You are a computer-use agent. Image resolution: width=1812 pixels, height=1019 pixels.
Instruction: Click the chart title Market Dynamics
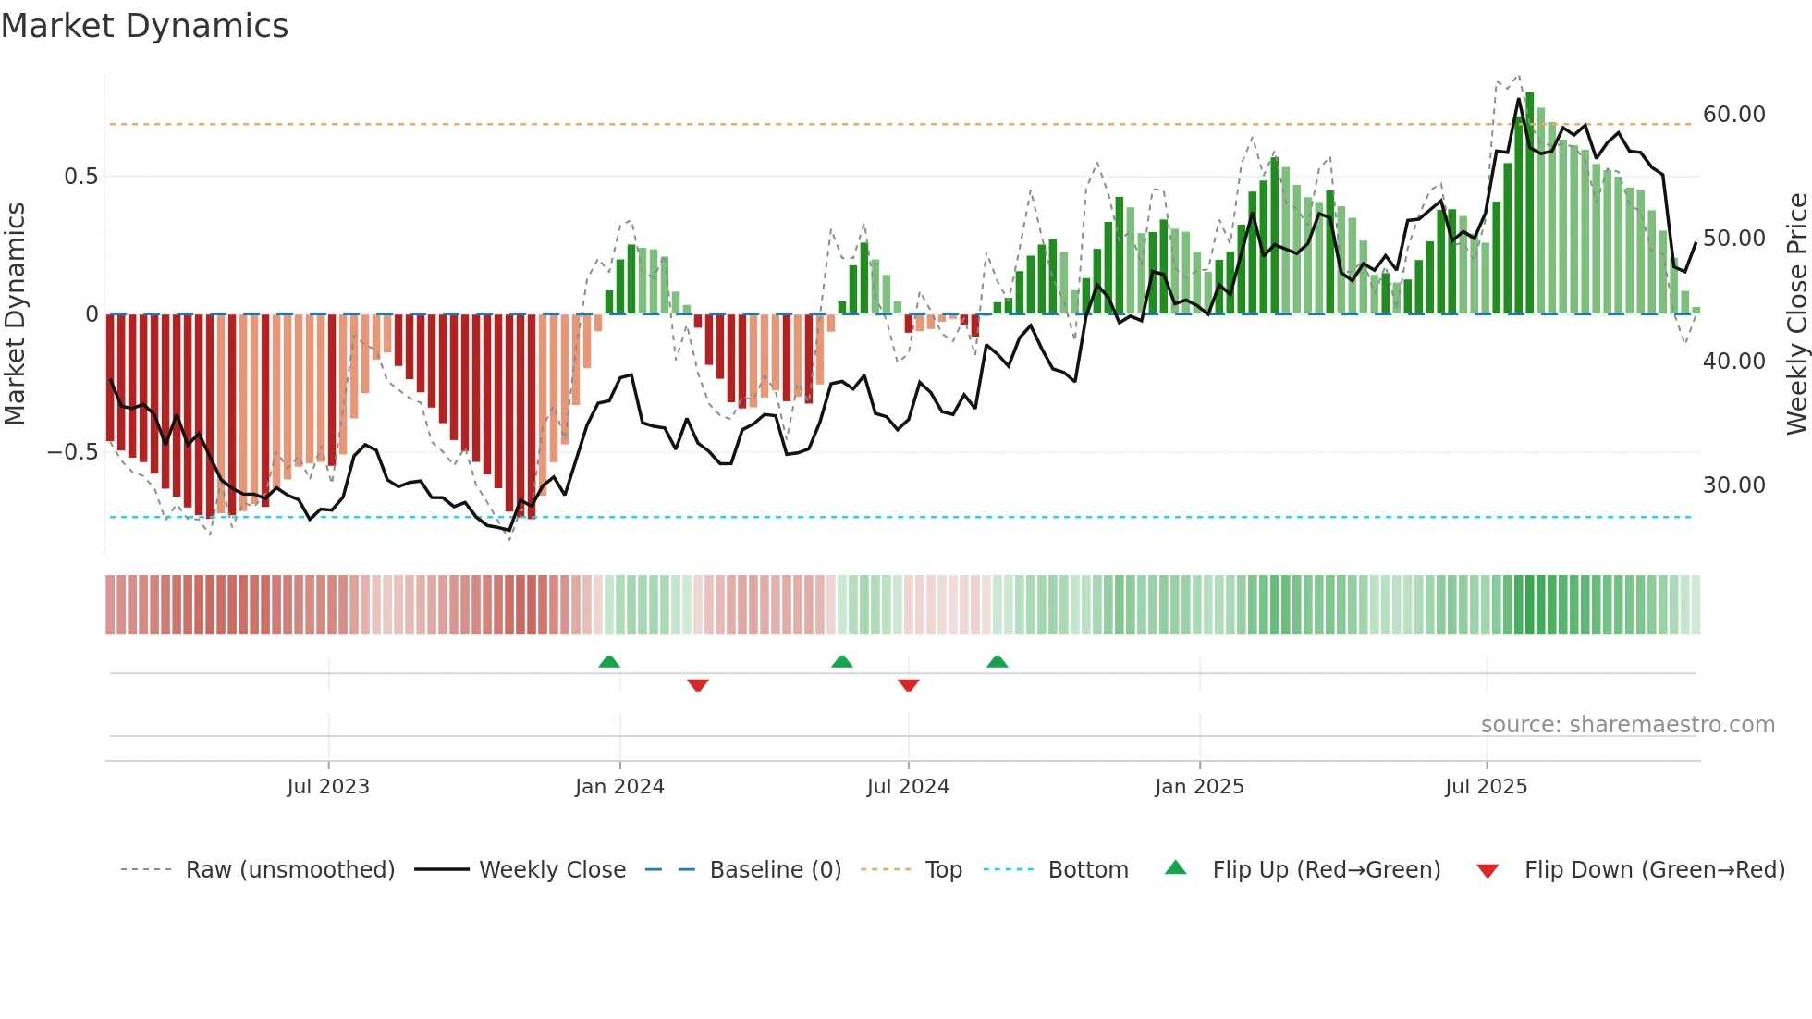tap(144, 26)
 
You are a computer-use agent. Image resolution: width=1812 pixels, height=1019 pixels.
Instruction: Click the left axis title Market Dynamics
tap(15, 313)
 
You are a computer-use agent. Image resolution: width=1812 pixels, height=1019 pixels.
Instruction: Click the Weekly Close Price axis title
tap(1796, 313)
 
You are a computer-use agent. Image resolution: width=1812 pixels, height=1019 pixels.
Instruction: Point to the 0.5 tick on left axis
tap(81, 177)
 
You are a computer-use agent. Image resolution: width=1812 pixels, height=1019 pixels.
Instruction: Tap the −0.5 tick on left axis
tap(73, 452)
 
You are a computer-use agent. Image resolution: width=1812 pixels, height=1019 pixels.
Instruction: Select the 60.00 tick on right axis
tap(1733, 115)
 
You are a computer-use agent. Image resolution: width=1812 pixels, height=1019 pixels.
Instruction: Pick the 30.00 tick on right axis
tap(1733, 485)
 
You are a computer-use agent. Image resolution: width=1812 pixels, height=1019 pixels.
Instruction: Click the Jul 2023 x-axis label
tap(327, 787)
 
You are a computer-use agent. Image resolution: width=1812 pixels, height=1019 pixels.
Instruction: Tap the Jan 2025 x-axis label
tap(1199, 787)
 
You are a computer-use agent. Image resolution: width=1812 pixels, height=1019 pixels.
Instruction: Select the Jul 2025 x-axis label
tap(1486, 787)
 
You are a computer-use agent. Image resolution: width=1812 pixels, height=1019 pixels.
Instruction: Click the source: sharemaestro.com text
tap(1627, 725)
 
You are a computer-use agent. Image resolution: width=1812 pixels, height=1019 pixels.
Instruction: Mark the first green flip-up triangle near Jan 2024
tap(608, 662)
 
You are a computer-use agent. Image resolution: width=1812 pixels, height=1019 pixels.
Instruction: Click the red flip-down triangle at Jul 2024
tap(908, 685)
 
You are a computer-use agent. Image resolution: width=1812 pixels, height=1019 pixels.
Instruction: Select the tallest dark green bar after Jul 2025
tap(1529, 203)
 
